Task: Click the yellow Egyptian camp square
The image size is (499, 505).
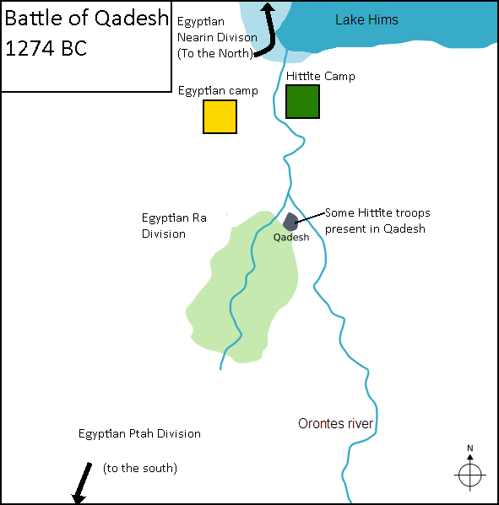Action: [220, 116]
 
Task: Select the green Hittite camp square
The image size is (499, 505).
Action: [302, 101]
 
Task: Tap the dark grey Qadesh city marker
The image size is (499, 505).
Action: [290, 222]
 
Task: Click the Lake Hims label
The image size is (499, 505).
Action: [366, 19]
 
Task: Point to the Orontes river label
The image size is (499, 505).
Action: [335, 423]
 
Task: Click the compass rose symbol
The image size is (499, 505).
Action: [470, 475]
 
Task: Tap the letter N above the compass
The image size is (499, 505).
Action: [470, 448]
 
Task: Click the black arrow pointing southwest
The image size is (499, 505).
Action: [82, 482]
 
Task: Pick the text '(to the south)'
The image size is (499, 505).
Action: [140, 468]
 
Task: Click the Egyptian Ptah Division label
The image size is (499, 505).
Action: [139, 433]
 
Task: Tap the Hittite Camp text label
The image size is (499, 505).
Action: [321, 76]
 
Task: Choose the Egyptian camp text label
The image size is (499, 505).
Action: [218, 91]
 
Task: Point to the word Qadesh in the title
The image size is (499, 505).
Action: [132, 18]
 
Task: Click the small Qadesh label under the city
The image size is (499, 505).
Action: [291, 238]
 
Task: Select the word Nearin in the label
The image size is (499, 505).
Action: [194, 37]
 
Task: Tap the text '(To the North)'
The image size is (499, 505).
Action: [215, 53]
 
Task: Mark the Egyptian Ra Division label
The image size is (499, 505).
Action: [174, 226]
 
